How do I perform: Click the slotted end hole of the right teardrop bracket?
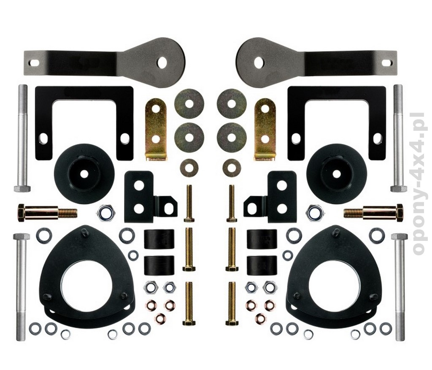pyautogui.click(x=388, y=62)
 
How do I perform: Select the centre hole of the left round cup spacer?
pyautogui.click(x=84, y=174)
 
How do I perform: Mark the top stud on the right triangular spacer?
pyautogui.click(x=336, y=232)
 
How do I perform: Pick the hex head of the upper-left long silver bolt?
pyautogui.click(x=22, y=189)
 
